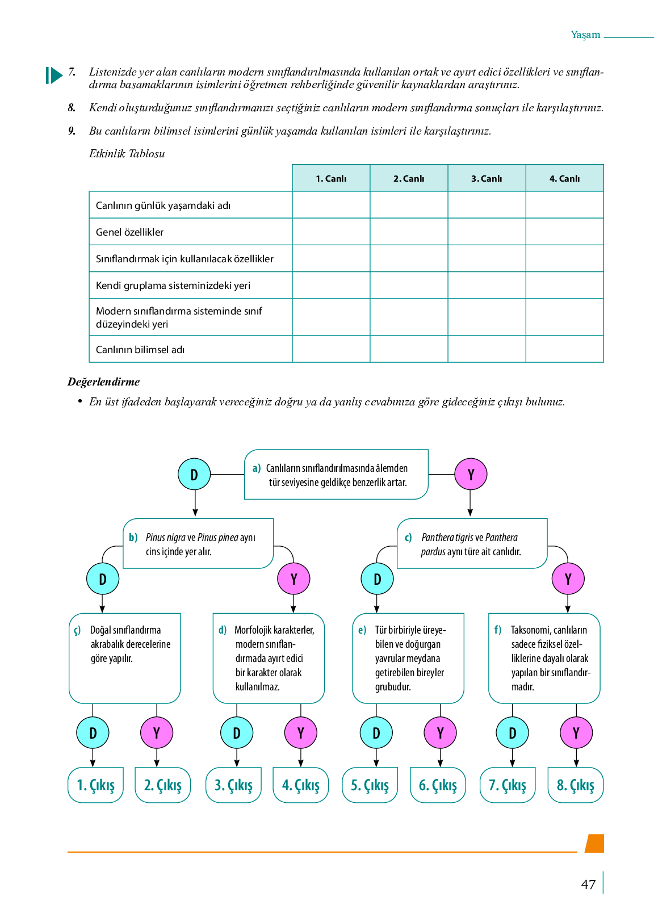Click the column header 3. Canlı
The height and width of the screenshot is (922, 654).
tap(487, 178)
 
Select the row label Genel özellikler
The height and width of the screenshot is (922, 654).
tap(129, 232)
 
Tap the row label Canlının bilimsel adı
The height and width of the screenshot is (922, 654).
tap(140, 350)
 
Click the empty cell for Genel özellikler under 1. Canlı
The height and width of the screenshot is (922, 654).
tap(331, 232)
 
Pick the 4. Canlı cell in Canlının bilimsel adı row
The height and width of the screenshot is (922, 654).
tap(564, 349)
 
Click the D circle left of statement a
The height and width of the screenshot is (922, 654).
tap(194, 475)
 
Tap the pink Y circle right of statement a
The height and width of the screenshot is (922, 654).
tap(471, 475)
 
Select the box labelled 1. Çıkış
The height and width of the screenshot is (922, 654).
tap(95, 785)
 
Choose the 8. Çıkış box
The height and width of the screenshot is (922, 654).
tap(575, 785)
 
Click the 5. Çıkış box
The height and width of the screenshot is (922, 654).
tap(370, 785)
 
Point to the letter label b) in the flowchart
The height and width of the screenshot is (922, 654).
tap(133, 537)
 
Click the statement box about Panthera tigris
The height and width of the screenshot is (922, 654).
tap(472, 544)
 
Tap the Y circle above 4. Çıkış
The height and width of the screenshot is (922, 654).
tap(300, 733)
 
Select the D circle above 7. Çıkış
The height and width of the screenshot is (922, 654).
tap(512, 733)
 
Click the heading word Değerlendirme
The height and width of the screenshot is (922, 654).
tap(103, 382)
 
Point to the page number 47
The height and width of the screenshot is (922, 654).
tap(588, 885)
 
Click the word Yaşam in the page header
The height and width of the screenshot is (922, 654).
tap(585, 35)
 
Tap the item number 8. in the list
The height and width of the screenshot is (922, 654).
tap(72, 108)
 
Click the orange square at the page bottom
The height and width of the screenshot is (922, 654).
tap(594, 843)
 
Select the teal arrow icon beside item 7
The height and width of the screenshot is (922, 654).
tap(54, 75)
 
